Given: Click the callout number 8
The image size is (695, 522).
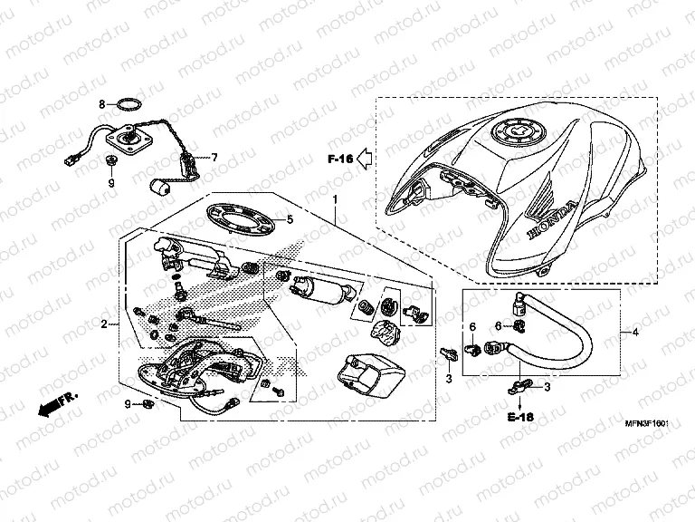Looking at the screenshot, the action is pyautogui.click(x=102, y=104).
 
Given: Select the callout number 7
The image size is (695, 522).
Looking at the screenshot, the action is pyautogui.click(x=214, y=156).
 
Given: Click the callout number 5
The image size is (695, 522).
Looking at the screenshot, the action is pyautogui.click(x=290, y=219).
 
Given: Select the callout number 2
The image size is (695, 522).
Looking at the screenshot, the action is pyautogui.click(x=104, y=324).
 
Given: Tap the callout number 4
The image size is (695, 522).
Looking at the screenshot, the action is pyautogui.click(x=635, y=333).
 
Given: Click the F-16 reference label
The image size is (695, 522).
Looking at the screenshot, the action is pyautogui.click(x=339, y=159).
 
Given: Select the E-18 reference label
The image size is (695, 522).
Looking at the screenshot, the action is pyautogui.click(x=519, y=417).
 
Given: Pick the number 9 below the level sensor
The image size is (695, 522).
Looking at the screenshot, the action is pyautogui.click(x=112, y=183).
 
